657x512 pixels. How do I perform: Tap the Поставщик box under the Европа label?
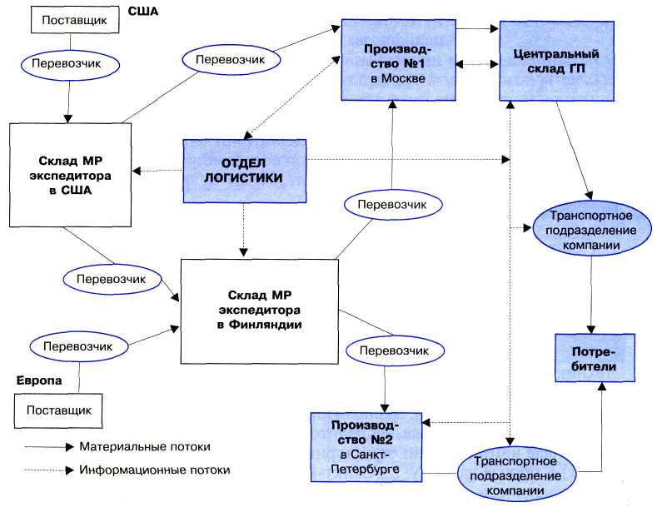click(58, 410)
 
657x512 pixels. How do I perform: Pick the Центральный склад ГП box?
click(551, 60)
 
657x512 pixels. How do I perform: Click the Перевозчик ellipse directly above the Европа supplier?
click(80, 345)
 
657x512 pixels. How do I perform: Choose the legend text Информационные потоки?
click(155, 470)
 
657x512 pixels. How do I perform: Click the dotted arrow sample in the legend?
click(47, 470)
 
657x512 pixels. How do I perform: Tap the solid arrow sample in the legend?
click(47, 446)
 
